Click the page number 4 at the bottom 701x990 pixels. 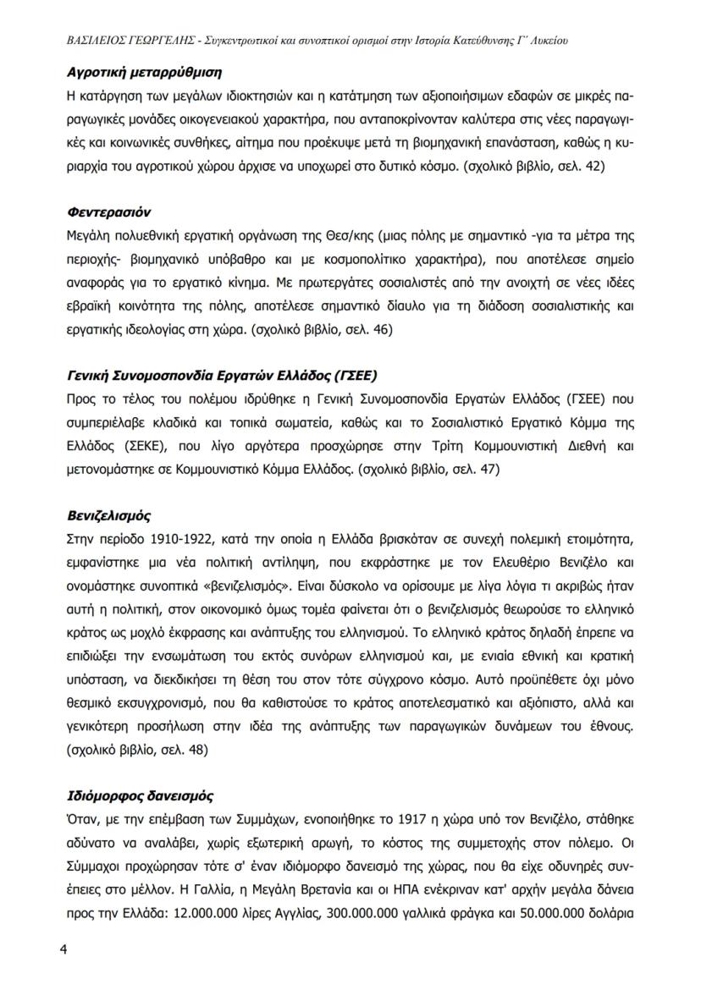(63, 948)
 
